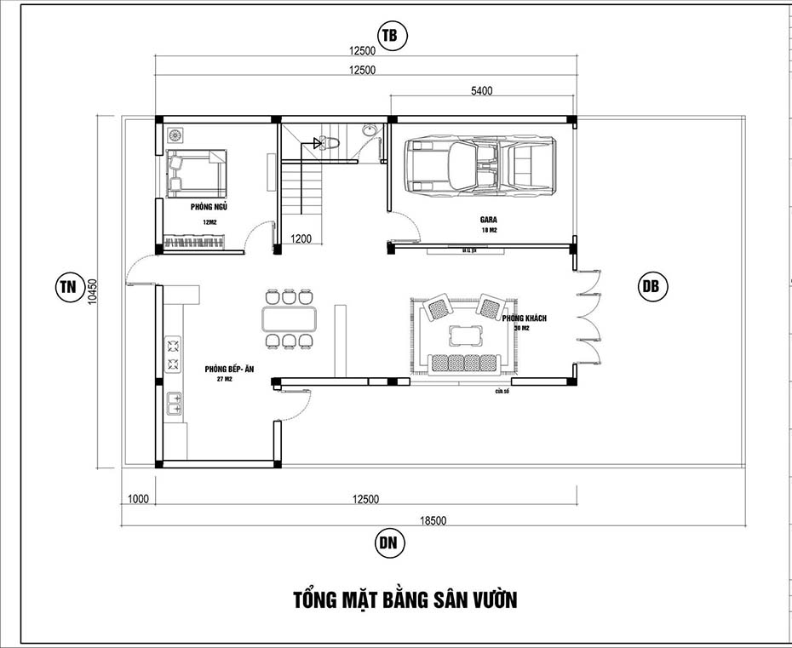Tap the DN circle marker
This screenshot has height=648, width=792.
click(x=388, y=542)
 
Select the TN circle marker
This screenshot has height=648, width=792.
click(x=66, y=286)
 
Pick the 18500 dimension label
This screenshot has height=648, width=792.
click(x=432, y=519)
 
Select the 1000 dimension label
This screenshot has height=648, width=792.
click(x=138, y=499)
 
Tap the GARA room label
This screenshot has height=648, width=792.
click(x=488, y=220)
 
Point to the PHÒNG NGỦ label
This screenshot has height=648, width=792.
click(x=209, y=206)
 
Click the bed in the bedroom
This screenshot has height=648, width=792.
click(x=196, y=173)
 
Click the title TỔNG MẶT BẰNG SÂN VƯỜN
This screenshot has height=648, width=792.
click(x=405, y=599)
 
